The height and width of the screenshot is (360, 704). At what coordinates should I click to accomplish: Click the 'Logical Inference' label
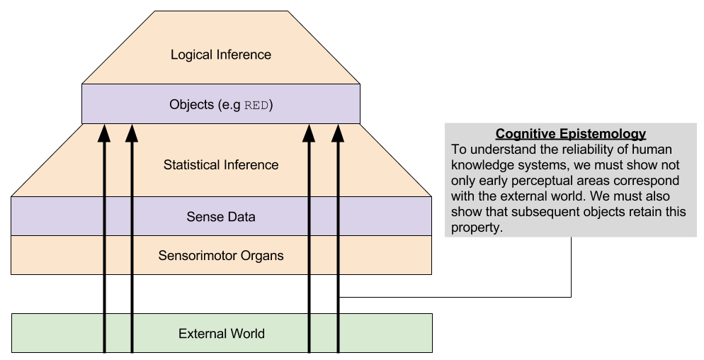tap(221, 55)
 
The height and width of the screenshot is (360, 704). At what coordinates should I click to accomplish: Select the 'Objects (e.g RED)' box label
tap(221, 105)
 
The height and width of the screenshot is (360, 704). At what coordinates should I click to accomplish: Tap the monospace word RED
tap(257, 106)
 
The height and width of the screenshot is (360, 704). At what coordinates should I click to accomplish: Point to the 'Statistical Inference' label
tap(221, 165)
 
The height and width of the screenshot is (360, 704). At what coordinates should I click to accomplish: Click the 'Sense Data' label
tap(221, 217)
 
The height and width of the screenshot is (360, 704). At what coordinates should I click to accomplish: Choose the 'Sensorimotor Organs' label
tap(221, 255)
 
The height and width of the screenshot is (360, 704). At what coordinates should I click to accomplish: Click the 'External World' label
tap(222, 333)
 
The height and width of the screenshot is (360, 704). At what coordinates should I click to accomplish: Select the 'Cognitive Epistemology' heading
tap(571, 134)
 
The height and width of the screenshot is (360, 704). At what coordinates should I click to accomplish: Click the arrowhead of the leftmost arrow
tap(105, 132)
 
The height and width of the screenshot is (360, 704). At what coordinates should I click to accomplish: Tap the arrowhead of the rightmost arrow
tap(338, 132)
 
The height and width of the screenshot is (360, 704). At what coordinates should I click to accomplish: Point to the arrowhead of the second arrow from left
tap(132, 132)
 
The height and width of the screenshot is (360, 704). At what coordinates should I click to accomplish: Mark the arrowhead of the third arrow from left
tap(310, 132)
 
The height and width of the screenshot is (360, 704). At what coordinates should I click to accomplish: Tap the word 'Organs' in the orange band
tap(263, 255)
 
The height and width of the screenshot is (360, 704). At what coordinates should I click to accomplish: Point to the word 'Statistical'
tap(191, 165)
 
